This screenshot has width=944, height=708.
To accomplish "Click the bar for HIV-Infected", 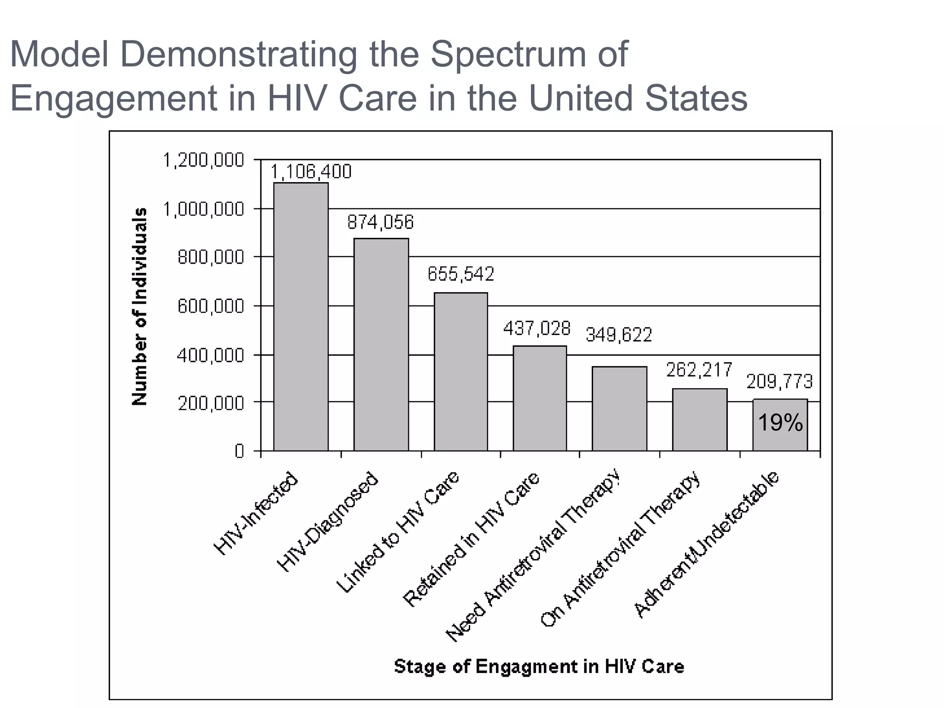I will click(x=301, y=317).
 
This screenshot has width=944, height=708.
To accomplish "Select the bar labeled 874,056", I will click(x=381, y=344).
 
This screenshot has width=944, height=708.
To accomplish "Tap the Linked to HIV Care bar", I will click(x=461, y=372).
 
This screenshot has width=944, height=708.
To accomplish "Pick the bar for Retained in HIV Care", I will click(x=540, y=398).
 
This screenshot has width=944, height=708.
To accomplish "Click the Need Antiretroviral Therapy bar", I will click(x=619, y=408).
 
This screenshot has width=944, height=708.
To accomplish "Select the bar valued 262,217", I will click(x=700, y=419).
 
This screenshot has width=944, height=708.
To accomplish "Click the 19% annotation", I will click(x=780, y=423).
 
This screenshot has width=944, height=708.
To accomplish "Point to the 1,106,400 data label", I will click(x=310, y=172).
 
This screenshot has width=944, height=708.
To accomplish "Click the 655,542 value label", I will click(x=461, y=274).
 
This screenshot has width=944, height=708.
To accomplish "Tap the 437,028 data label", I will click(x=537, y=329).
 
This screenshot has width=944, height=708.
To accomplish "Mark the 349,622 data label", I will click(x=619, y=335).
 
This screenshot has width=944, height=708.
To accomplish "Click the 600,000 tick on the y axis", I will click(x=211, y=306).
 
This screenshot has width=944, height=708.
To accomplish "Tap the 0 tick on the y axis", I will click(x=239, y=451).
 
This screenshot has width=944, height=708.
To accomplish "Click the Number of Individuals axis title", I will click(x=140, y=307).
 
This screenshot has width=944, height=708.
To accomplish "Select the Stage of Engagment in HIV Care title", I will click(x=539, y=667).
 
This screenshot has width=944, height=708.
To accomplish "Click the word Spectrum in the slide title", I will click(x=507, y=54).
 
